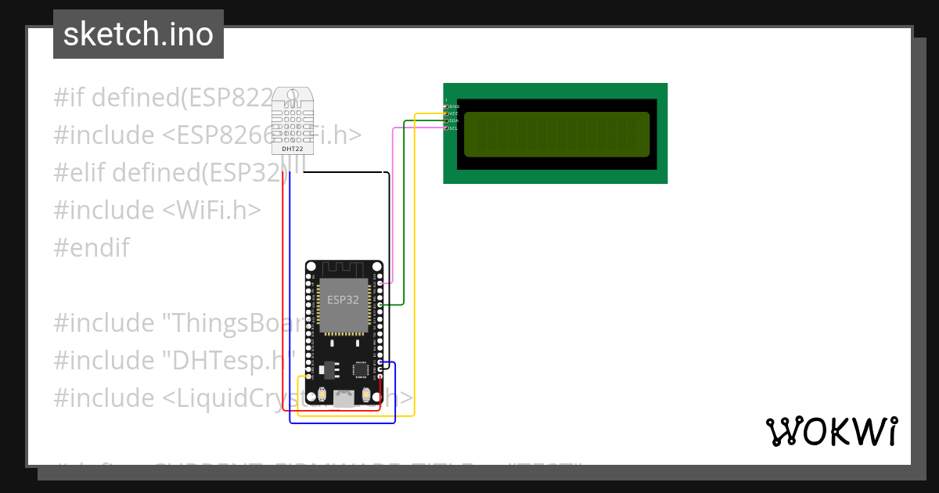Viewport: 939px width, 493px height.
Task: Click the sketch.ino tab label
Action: tap(139, 34)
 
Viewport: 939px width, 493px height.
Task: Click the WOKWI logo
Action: tap(831, 431)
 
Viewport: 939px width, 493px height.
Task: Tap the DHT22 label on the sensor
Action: tap(291, 148)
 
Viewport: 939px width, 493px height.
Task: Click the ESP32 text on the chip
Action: tap(343, 300)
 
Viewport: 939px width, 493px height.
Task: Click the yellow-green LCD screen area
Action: tap(557, 134)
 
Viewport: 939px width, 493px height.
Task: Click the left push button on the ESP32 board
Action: tap(322, 394)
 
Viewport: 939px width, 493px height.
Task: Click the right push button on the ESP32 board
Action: tap(366, 394)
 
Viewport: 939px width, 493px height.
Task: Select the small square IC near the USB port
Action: tap(361, 369)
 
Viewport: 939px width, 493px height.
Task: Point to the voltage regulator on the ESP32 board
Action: tap(326, 367)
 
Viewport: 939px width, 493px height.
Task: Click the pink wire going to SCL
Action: tap(392, 203)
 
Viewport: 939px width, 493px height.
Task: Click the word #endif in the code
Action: tap(92, 248)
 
